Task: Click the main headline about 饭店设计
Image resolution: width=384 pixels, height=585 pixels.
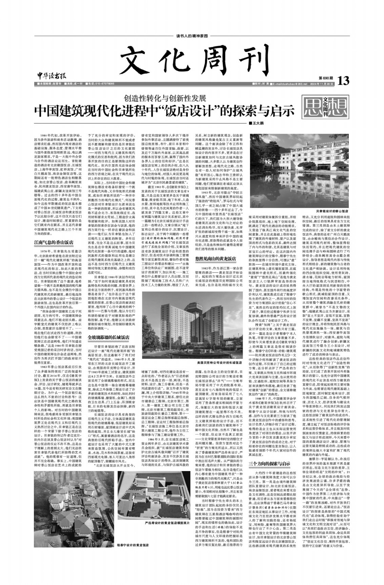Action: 166,111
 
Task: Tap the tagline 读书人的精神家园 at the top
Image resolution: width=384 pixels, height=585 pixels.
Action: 192,36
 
